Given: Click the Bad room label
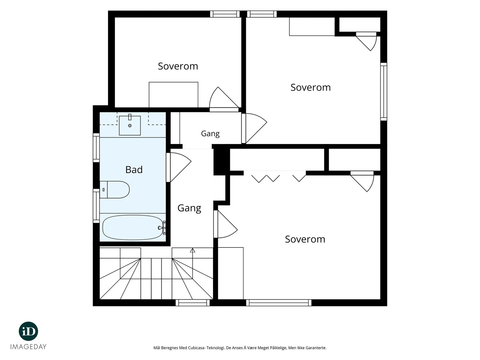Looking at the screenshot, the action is pyautogui.click(x=134, y=169).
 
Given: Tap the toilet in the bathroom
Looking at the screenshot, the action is pyautogui.click(x=115, y=190).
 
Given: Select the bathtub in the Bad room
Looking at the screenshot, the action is pyautogui.click(x=133, y=227).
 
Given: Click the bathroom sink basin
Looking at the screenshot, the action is pyautogui.click(x=130, y=125).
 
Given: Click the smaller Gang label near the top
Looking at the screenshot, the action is pyautogui.click(x=210, y=133).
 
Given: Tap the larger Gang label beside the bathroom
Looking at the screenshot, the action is pyautogui.click(x=189, y=208).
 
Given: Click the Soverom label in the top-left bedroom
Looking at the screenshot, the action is pyautogui.click(x=178, y=66).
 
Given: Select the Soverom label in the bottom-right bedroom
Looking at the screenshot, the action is pyautogui.click(x=305, y=239).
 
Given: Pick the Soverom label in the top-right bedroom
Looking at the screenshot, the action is pyautogui.click(x=310, y=87).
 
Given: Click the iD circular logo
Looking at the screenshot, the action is pyautogui.click(x=28, y=331).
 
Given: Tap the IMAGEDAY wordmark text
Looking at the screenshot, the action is pyautogui.click(x=28, y=347).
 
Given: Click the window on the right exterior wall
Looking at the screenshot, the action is pyautogui.click(x=384, y=91).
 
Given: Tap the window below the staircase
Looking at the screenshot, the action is pyautogui.click(x=193, y=303).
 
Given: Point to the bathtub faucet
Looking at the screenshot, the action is pyautogui.click(x=162, y=228).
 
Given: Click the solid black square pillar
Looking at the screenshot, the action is pyautogui.click(x=221, y=162).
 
